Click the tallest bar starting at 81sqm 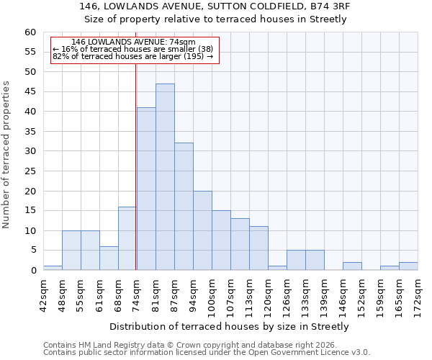click(x=165, y=177)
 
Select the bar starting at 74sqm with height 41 click(x=146, y=189)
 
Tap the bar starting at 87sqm click(x=184, y=207)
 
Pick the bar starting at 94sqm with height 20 click(x=202, y=230)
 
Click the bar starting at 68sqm click(x=127, y=238)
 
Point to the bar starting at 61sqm click(x=109, y=258)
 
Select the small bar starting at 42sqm click(x=53, y=268)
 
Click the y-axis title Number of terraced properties click(x=7, y=155)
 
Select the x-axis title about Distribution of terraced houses click(x=230, y=326)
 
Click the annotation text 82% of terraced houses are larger click(x=133, y=56)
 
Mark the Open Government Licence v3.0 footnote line click(x=207, y=353)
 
